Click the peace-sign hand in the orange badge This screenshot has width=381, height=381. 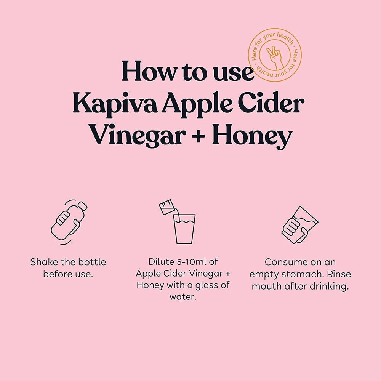tap(275, 58)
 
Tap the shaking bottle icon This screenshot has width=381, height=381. tap(69, 222)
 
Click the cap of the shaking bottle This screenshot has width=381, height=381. tap(82, 206)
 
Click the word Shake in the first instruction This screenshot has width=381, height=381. tap(44, 262)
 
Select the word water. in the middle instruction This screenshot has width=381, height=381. tap(183, 297)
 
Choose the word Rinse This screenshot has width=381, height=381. tap(339, 274)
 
